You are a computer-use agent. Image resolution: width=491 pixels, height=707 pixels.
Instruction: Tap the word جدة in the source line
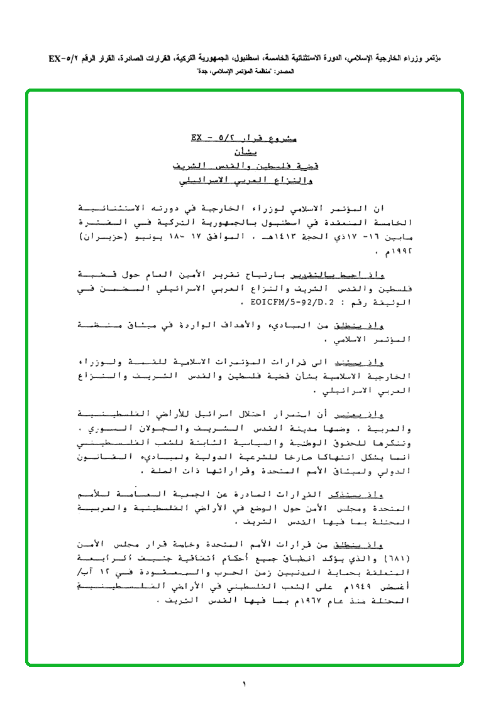point(204,72)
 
